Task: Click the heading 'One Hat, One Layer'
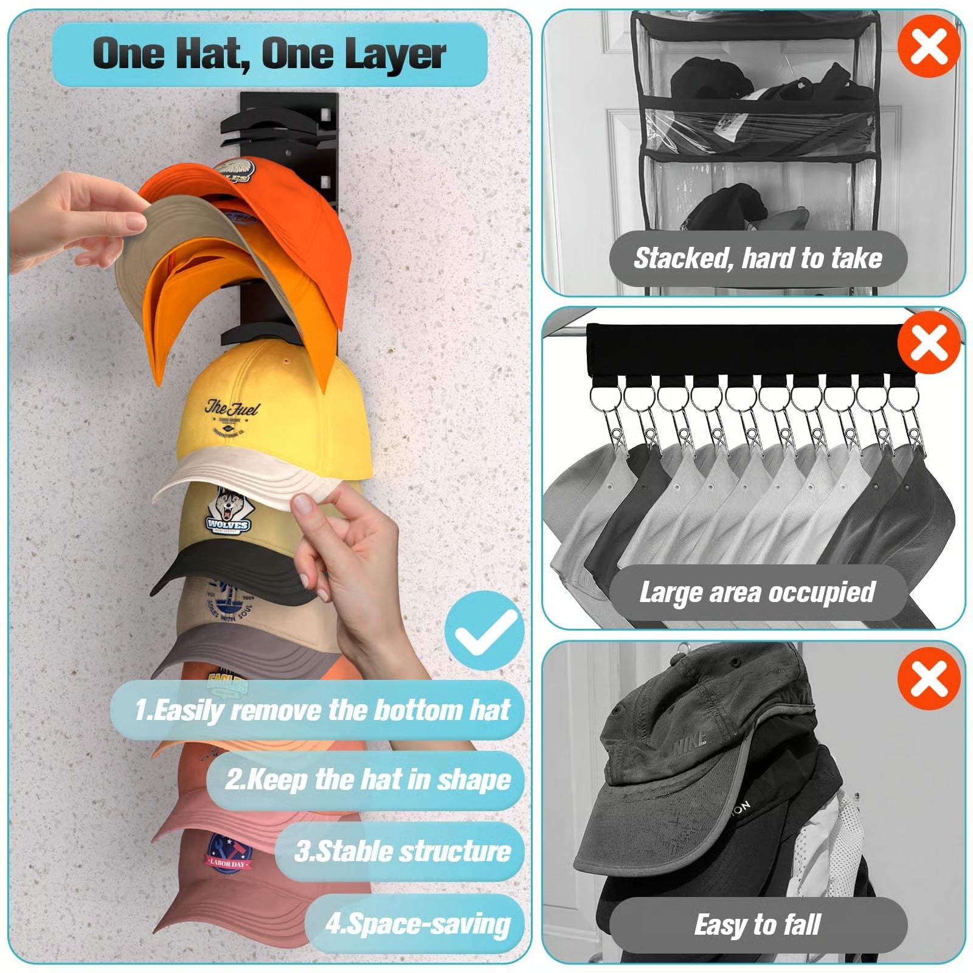[269, 54]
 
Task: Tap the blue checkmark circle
[484, 631]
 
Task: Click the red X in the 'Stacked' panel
[928, 46]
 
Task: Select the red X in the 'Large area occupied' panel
[928, 343]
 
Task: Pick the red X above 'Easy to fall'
[928, 678]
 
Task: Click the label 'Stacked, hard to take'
[758, 258]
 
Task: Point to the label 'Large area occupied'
[758, 592]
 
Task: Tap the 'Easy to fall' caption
[758, 925]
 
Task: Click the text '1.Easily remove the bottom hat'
[321, 710]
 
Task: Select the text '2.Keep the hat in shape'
[367, 780]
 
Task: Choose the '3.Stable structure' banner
[402, 851]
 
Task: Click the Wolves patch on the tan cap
[227, 510]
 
